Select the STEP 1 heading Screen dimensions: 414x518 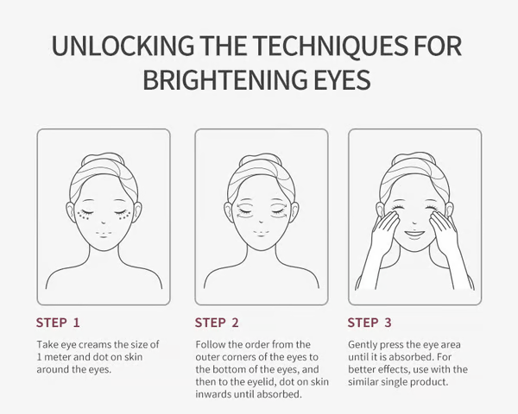58,323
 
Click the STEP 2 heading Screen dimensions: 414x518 217,323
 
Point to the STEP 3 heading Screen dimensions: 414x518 370,323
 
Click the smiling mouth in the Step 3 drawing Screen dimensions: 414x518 415,233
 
